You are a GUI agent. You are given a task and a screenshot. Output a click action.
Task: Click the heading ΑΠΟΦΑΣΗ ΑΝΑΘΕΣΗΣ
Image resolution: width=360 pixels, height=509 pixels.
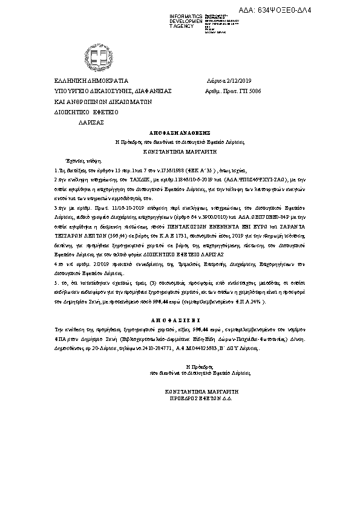[x=179, y=131]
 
